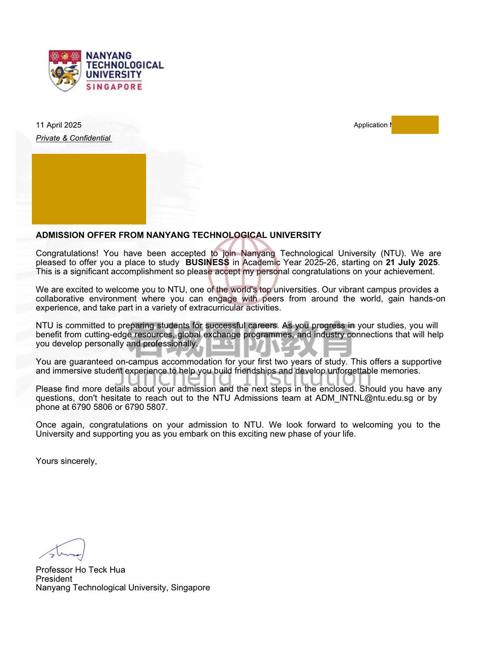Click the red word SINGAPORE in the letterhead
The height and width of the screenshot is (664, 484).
(x=114, y=87)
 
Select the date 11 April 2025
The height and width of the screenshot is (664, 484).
(x=59, y=125)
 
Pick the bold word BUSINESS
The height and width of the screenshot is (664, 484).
(x=207, y=262)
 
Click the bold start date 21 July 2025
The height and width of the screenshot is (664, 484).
(x=412, y=262)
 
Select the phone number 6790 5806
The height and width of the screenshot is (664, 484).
(x=92, y=407)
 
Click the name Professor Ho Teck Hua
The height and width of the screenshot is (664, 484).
(x=80, y=570)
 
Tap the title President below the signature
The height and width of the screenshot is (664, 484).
(x=54, y=579)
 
